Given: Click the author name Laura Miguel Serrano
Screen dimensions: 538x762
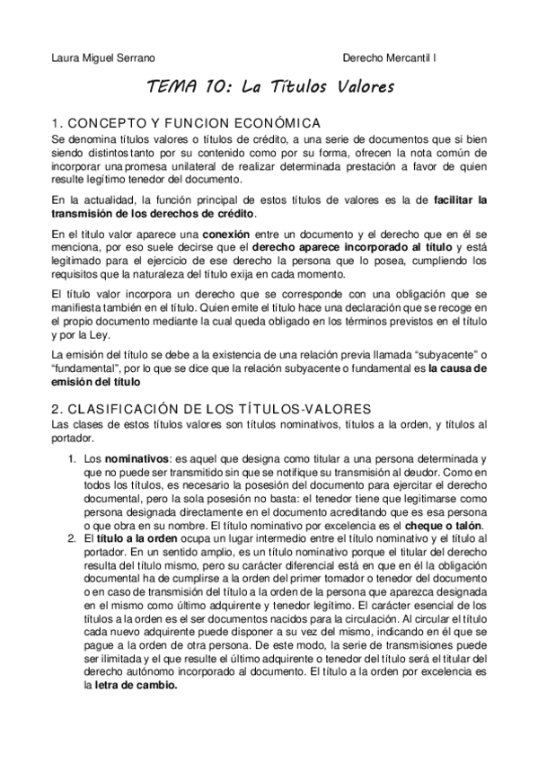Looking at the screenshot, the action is coord(103,58).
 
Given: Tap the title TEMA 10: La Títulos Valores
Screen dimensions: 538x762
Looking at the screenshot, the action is coord(270,89).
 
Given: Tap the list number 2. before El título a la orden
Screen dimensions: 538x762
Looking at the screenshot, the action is coord(75,537).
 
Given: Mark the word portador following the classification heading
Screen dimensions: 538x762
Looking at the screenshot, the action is coord(72,439).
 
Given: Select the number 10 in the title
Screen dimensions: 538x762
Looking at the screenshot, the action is coord(209,89).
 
